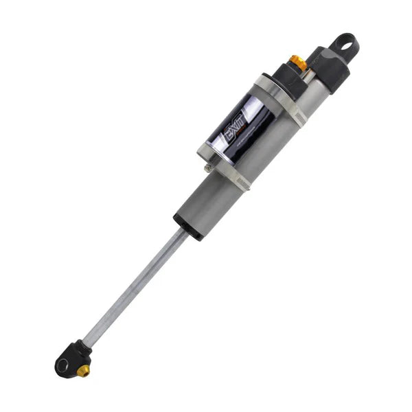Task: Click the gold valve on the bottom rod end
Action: pos(83,371)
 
